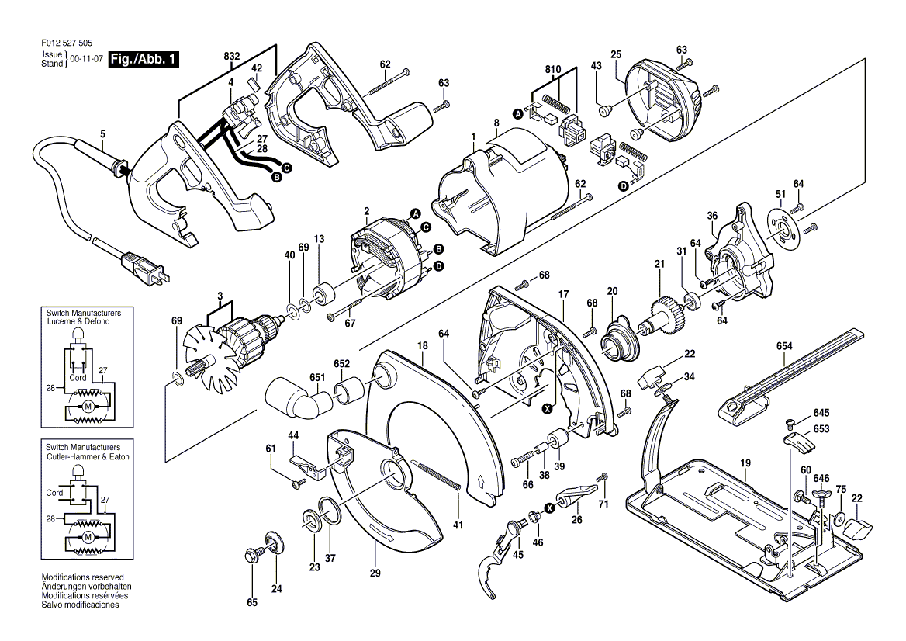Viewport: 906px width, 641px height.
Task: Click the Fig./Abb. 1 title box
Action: point(144,60)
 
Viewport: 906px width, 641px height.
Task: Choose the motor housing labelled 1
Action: point(496,194)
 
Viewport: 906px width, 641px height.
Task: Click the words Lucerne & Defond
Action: point(77,320)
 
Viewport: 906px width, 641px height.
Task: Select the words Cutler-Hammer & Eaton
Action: point(87,457)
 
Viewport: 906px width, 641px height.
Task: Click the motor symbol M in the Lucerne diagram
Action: point(88,407)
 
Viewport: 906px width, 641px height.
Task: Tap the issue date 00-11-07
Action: point(86,59)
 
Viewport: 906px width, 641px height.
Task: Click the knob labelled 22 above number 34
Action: point(652,376)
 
